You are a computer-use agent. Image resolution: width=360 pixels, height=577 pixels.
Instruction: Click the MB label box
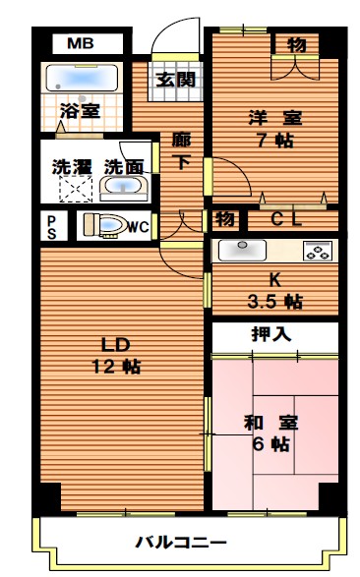(81, 43)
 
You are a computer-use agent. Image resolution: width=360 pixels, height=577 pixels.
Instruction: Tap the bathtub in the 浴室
(82, 78)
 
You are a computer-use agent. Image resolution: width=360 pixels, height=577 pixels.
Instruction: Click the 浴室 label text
(80, 111)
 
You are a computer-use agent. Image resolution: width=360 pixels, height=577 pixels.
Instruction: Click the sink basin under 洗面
(123, 187)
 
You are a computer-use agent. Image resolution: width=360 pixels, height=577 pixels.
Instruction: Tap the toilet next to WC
(103, 226)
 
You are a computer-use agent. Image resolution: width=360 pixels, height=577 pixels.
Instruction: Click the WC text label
(138, 227)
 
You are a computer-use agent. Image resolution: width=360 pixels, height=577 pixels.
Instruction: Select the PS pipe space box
(51, 226)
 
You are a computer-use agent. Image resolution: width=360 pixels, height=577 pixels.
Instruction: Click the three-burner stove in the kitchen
(318, 250)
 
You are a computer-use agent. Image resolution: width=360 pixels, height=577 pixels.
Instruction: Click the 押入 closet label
(272, 334)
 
